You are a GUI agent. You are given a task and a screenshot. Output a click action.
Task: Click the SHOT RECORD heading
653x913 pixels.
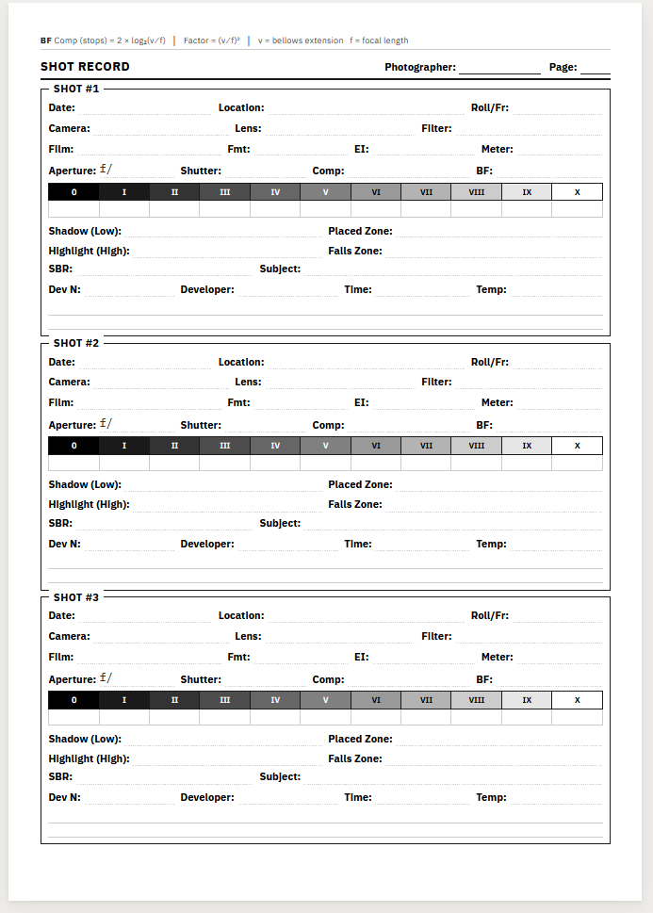[85, 67]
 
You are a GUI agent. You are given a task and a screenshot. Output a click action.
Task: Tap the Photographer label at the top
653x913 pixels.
[420, 68]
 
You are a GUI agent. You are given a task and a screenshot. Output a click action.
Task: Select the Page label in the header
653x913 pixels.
[563, 68]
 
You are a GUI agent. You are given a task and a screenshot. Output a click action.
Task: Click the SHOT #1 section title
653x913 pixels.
[76, 90]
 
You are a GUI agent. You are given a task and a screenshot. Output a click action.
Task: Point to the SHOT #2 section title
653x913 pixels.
[76, 344]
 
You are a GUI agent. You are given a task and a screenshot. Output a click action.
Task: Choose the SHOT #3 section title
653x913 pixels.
[76, 597]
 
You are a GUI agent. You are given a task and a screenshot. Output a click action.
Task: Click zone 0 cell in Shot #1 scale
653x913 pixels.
[73, 192]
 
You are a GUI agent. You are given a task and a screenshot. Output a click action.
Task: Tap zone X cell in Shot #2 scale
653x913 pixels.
[577, 446]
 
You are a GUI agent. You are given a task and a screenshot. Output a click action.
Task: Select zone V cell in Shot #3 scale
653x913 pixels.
[325, 700]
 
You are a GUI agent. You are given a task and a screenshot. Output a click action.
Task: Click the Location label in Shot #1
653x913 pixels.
[241, 108]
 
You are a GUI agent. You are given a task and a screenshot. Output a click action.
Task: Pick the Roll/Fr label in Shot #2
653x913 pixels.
[490, 362]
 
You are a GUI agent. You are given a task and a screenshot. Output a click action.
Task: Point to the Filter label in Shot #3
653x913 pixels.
[436, 637]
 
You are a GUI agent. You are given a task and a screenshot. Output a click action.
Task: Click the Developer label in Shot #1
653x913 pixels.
[207, 290]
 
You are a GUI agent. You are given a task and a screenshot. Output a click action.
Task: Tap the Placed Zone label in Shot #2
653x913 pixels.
[360, 485]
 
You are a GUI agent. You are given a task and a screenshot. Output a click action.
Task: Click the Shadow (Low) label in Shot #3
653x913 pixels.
[85, 740]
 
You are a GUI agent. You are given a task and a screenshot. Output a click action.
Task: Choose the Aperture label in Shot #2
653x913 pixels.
[73, 426]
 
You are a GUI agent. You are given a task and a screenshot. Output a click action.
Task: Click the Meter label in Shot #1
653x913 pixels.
[497, 150]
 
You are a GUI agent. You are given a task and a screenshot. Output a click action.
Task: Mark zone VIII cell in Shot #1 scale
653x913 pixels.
[476, 192]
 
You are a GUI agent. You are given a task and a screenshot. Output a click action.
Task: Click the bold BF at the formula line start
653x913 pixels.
[46, 41]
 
